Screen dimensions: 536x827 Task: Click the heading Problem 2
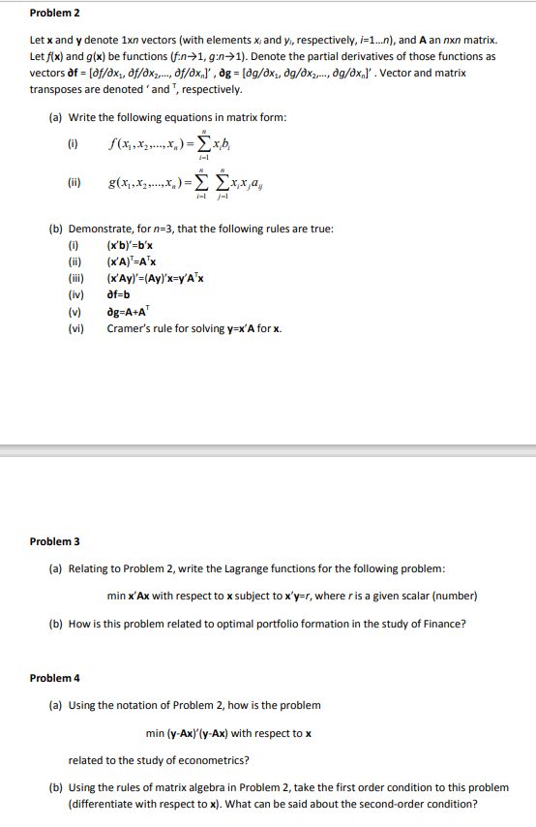point(54,13)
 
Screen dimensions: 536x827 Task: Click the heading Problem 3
point(54,540)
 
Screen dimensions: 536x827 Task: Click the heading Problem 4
point(54,678)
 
